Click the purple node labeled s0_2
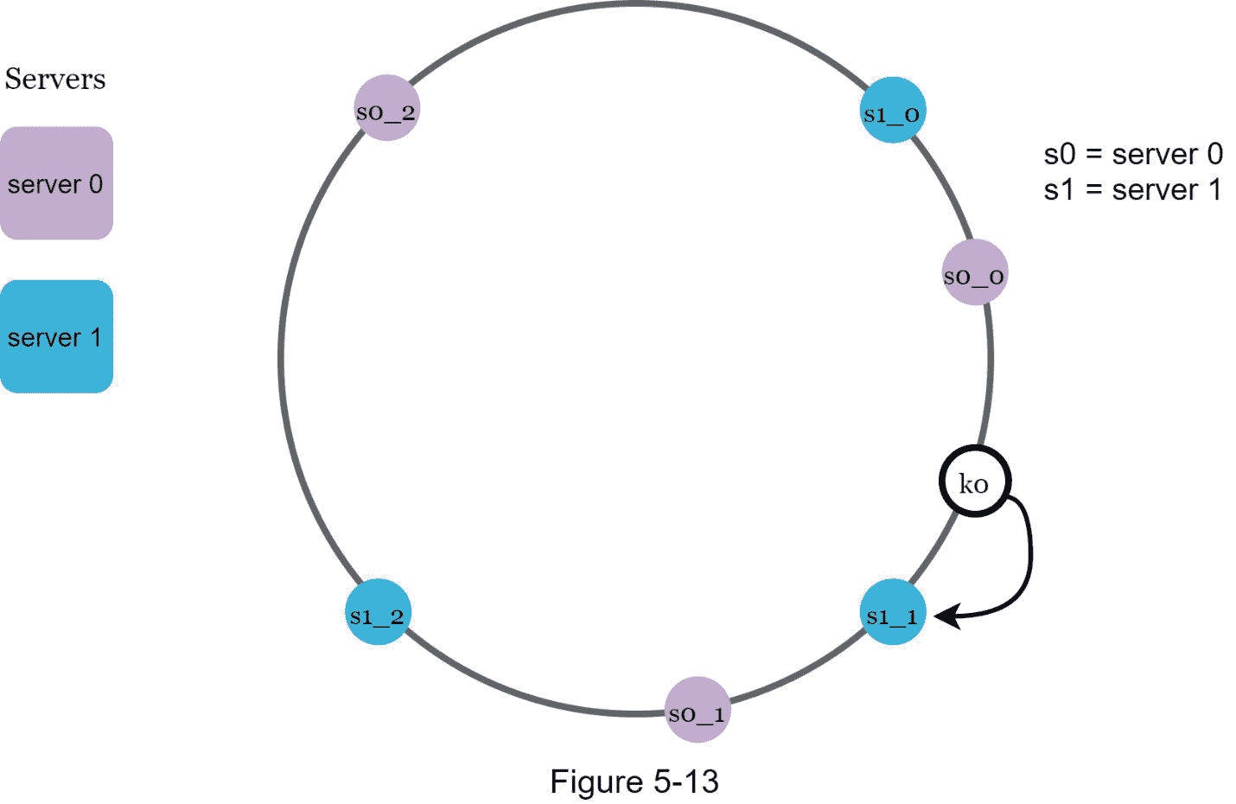coord(387,108)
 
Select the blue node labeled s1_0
coord(894,111)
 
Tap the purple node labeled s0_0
coord(974,272)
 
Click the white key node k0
coord(975,482)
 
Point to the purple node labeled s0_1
coord(697,710)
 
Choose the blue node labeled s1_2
coord(378,613)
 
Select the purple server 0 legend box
coord(56,183)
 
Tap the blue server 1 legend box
coord(56,336)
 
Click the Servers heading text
coord(55,79)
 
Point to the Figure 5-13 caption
coord(634,782)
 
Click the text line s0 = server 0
coord(1133,154)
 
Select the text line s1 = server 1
coord(1133,189)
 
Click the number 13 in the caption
coord(701,782)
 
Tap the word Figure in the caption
coord(596,782)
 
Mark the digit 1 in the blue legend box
coord(96,337)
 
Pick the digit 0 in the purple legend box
coord(95,183)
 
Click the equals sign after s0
coord(1094,155)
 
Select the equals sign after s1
coord(1094,190)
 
